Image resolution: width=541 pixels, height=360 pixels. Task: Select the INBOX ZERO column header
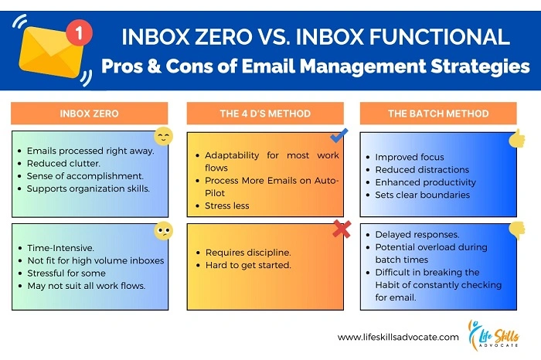click(x=89, y=114)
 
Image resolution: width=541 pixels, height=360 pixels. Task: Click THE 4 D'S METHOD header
click(x=265, y=114)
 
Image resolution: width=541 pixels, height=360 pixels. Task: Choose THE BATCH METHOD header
click(x=438, y=114)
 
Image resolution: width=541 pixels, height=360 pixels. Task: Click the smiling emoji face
click(x=163, y=138)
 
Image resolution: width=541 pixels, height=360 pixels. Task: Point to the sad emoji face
click(x=163, y=229)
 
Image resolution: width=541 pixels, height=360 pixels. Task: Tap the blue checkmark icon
click(x=338, y=137)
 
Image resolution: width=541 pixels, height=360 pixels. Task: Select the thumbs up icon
click(x=517, y=138)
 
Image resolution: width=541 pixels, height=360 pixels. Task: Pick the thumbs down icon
click(x=517, y=229)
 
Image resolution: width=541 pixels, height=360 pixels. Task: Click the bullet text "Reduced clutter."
click(x=63, y=164)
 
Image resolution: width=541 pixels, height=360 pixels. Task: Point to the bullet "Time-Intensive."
click(x=62, y=247)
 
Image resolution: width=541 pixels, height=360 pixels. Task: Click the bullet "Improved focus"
click(x=410, y=158)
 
